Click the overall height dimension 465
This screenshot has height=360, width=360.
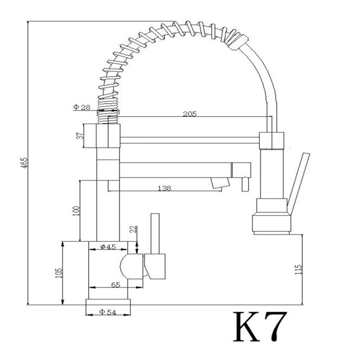(25, 162)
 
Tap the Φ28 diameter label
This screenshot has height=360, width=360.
(82, 107)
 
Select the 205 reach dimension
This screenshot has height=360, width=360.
(190, 114)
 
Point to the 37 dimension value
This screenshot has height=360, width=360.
(80, 136)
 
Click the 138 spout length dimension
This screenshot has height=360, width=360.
(164, 188)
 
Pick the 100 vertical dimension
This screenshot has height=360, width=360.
(76, 211)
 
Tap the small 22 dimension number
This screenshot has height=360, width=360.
(134, 229)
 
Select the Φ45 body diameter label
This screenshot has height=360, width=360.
(108, 247)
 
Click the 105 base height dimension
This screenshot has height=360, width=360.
(59, 273)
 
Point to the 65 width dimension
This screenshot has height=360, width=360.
(116, 285)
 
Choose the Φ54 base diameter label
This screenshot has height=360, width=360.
(107, 312)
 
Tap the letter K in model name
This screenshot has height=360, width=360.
(247, 326)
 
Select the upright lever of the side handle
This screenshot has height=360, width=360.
(155, 234)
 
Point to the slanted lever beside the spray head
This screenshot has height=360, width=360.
(298, 183)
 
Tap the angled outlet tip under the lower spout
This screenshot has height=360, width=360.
(220, 183)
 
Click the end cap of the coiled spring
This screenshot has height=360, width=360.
(238, 42)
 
